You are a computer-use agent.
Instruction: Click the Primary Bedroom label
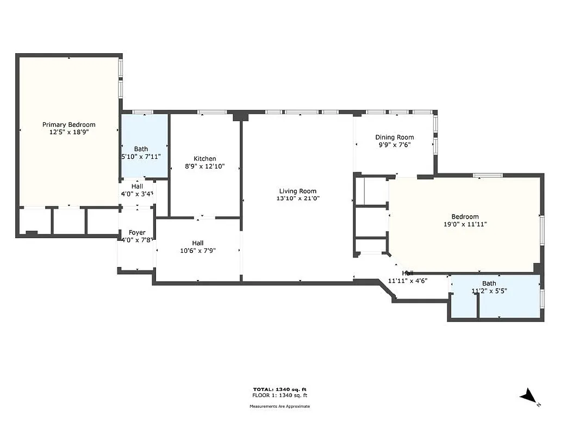69,125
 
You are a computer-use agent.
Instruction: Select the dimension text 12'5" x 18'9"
69,132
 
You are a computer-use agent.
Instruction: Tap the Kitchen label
205,159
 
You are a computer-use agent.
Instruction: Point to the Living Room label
297,191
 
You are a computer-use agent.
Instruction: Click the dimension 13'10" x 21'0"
297,198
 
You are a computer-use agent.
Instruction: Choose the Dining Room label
395,137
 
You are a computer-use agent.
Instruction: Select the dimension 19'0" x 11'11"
465,223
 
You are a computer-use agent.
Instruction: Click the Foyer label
137,232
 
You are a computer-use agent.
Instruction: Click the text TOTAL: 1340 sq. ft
279,389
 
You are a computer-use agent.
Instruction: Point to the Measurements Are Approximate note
279,406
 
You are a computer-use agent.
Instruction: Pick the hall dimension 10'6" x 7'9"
198,251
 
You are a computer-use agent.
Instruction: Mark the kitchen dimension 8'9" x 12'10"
205,166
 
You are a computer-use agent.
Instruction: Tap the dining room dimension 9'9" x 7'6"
395,145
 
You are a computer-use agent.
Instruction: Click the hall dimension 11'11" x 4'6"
408,281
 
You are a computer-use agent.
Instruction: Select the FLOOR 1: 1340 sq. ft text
279,395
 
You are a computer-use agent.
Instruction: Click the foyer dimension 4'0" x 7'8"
137,240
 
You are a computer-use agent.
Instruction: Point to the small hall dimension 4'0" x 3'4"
137,194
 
